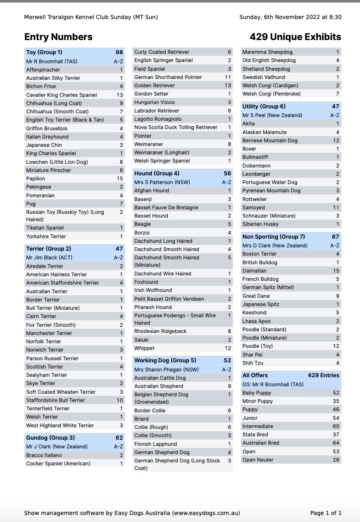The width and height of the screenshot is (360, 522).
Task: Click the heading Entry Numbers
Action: point(58,37)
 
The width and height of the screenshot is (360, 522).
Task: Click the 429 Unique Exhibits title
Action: point(295,37)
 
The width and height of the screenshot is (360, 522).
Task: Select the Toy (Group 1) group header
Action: point(44,52)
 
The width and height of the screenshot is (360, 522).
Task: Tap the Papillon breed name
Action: point(36,179)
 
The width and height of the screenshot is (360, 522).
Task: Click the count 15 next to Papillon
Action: point(119,179)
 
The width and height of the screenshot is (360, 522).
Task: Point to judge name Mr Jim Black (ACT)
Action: point(49,257)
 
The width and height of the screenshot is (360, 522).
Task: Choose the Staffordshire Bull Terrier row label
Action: point(55,400)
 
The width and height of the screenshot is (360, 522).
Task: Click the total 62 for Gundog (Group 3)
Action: point(119,438)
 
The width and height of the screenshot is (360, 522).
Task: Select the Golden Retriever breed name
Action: point(155,86)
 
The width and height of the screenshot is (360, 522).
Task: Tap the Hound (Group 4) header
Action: point(157,173)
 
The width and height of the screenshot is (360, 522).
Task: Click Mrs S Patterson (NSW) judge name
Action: point(162,182)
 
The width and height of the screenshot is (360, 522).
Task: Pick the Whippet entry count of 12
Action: point(228,348)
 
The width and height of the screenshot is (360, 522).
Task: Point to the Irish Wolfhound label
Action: point(153,290)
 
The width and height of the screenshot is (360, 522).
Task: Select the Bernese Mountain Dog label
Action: point(270,141)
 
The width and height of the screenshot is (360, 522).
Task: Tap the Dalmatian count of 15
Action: point(336,271)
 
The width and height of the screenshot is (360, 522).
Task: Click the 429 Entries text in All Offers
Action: point(323,375)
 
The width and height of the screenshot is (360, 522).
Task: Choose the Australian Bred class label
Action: point(260,443)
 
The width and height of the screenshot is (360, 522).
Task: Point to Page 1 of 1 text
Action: point(326,513)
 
